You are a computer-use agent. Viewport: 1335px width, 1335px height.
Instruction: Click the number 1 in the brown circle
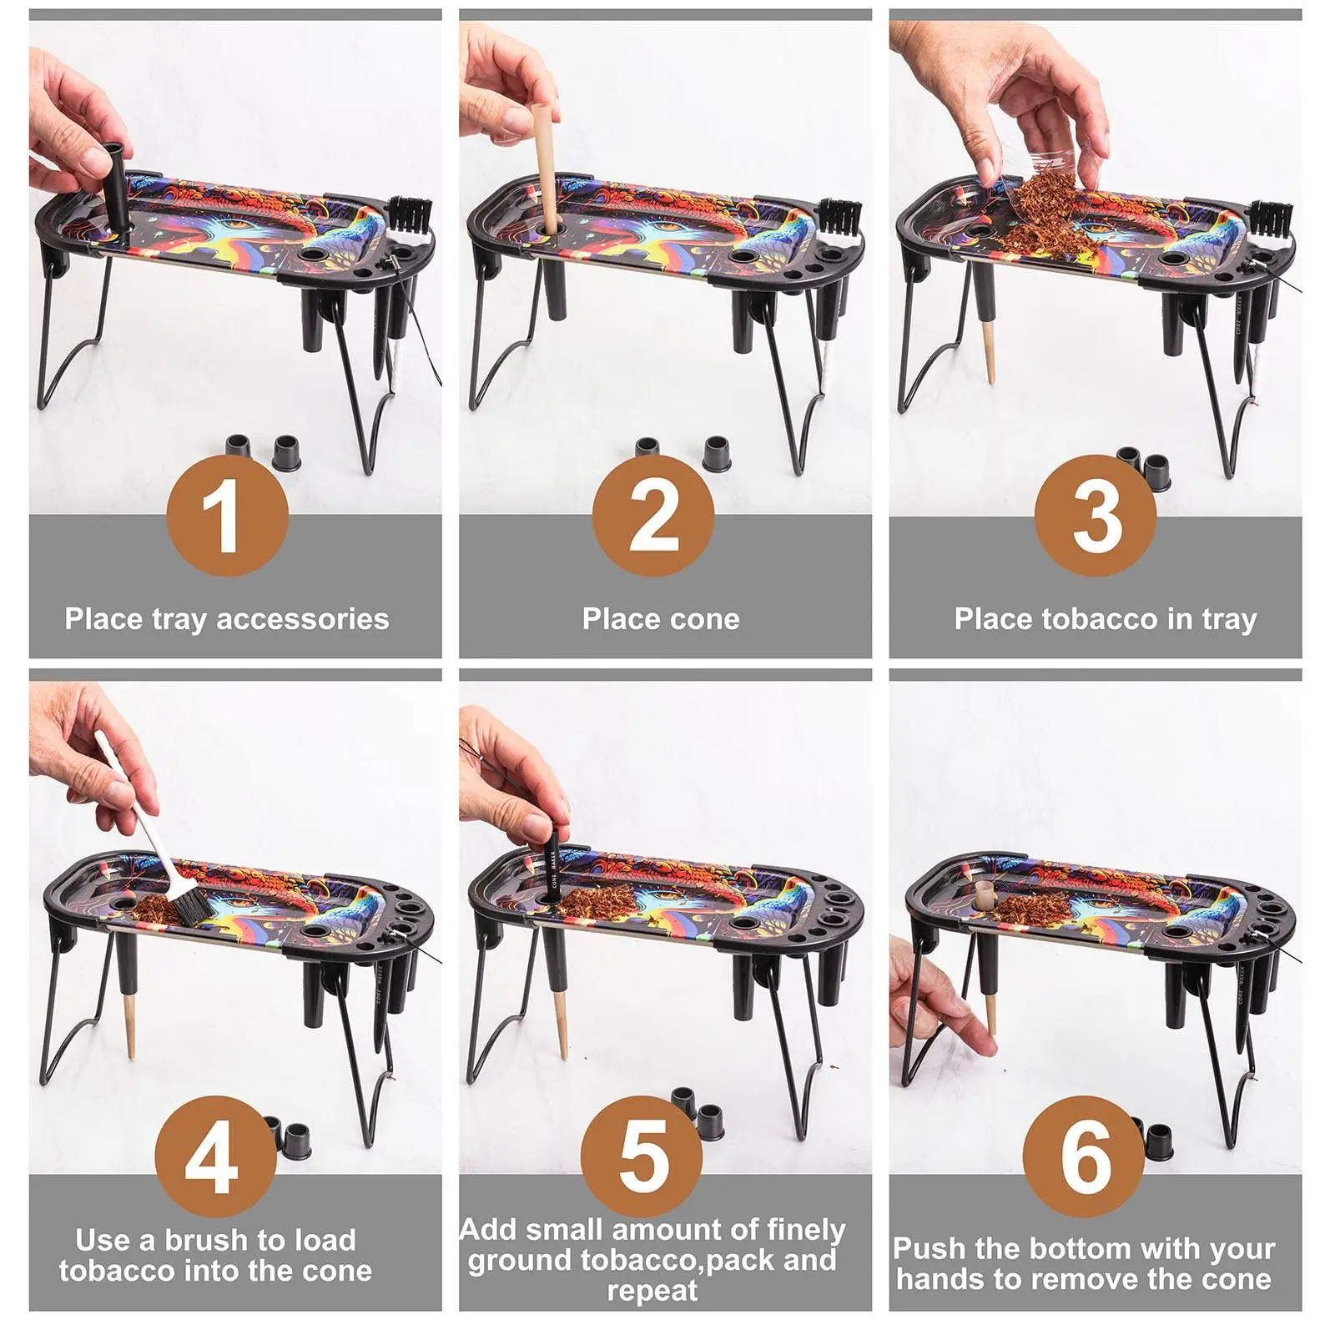click(227, 516)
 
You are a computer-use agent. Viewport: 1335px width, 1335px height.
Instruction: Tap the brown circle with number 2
click(653, 516)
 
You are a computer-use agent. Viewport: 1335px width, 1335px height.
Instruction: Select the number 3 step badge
click(1095, 516)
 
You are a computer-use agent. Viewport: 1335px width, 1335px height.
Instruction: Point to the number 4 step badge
click(215, 1156)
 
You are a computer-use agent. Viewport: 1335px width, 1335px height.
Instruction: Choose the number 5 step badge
click(642, 1156)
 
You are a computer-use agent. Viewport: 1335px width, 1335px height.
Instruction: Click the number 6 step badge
click(1083, 1156)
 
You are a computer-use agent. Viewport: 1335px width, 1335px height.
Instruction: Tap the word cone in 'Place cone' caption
click(708, 619)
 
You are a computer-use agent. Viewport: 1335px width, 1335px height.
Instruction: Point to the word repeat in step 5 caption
click(652, 1291)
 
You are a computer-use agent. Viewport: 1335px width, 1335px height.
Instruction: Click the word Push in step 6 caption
click(929, 1249)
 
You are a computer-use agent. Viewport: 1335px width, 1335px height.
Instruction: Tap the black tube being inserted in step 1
click(114, 188)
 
